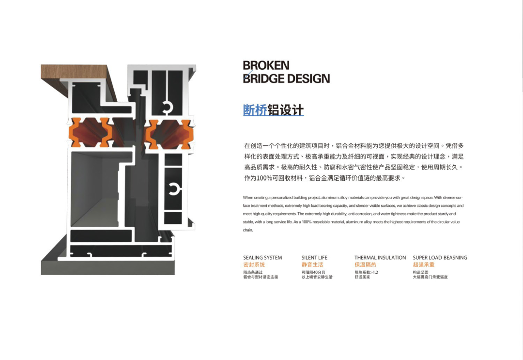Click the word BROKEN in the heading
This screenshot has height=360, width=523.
266,65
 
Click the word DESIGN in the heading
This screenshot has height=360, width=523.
308,78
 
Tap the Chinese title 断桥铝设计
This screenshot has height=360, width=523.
273,110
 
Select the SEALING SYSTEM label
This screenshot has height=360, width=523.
262,258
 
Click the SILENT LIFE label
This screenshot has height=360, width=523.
314,258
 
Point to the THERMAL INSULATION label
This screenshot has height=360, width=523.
380,258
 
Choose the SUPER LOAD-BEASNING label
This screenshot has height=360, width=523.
440,258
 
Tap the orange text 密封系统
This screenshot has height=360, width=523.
254,265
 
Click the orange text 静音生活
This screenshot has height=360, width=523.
312,265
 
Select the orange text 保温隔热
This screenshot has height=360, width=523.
365,265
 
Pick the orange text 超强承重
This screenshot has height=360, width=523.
424,265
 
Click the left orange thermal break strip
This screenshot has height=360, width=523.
91,132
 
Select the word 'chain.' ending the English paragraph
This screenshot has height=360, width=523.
248,230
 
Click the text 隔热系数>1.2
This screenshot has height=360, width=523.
366,272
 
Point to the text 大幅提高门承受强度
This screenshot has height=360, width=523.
430,277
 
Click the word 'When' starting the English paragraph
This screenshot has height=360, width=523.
248,198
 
